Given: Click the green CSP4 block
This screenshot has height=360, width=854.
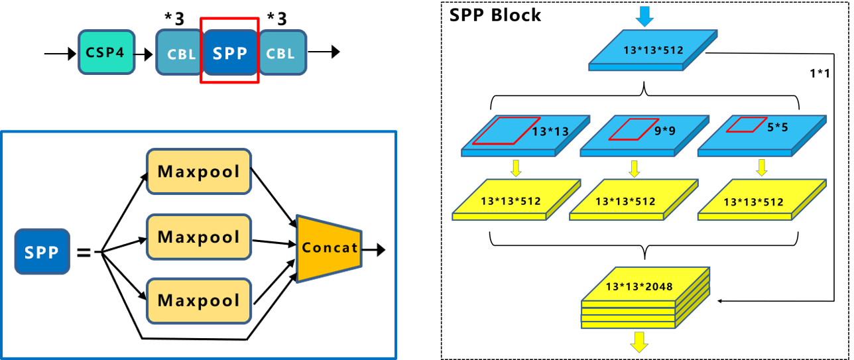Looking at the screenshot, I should point(106,52).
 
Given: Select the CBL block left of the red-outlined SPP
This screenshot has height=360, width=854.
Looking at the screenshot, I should point(179,52).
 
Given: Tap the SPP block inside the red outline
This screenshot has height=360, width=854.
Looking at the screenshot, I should point(229,52).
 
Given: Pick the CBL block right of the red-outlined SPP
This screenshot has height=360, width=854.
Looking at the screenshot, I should point(282,52).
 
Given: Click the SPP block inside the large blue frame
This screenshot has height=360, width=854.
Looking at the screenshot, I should point(42,252).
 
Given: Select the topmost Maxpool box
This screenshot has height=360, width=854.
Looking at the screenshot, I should point(199,172).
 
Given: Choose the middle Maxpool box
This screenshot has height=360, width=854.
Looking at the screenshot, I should point(199,237).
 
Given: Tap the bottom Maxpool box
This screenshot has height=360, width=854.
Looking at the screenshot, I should point(199,301).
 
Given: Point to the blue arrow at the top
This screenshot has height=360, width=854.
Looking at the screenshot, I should point(644,14).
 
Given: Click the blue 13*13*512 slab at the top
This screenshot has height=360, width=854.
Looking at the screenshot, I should point(653,50).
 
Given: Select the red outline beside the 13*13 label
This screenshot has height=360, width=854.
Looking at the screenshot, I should point(506,131).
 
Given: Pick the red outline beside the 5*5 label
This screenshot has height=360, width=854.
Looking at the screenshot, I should point(746,125).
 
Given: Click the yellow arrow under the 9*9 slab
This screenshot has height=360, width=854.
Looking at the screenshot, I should point(635,168).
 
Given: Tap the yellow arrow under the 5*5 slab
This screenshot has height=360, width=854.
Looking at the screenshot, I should point(762,167).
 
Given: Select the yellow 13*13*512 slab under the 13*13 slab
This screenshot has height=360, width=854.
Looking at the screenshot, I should point(516,200).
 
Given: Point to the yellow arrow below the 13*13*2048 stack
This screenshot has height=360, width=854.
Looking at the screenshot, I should point(639,341).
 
